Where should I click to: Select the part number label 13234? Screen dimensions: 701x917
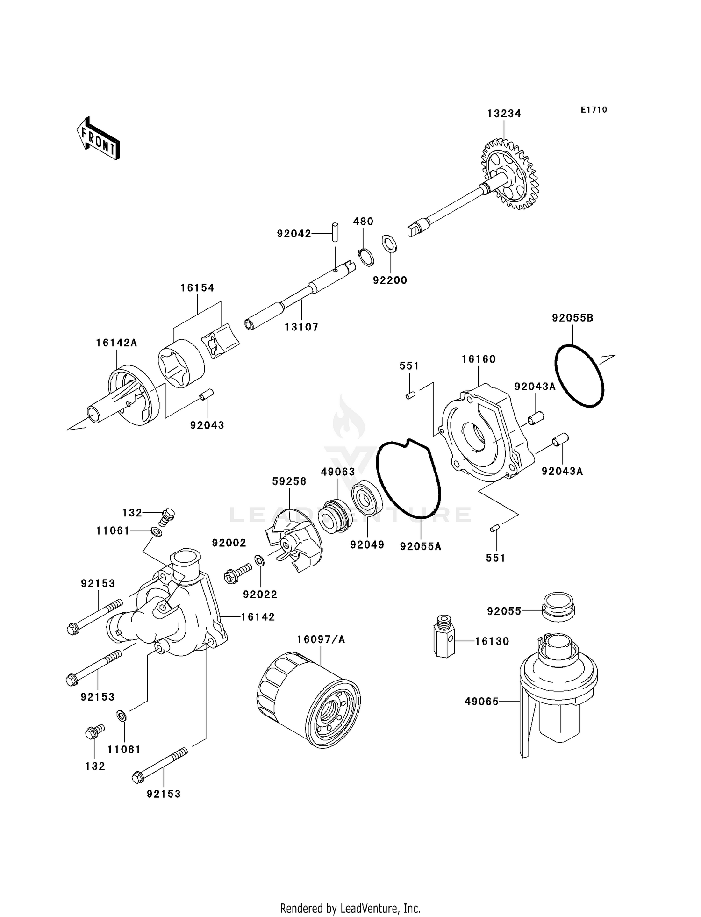(504, 114)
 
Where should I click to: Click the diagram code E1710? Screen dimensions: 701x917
(594, 110)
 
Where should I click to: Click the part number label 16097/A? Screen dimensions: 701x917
(321, 639)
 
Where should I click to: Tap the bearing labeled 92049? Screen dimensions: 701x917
(367, 499)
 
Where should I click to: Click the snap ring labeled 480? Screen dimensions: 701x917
(366, 258)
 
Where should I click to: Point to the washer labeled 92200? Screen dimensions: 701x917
(389, 244)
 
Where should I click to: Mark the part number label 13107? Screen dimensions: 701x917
(301, 327)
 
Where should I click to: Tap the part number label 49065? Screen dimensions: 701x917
(481, 702)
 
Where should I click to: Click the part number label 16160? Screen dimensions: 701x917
(479, 359)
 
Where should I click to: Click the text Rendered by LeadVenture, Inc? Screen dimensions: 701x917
(350, 908)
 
